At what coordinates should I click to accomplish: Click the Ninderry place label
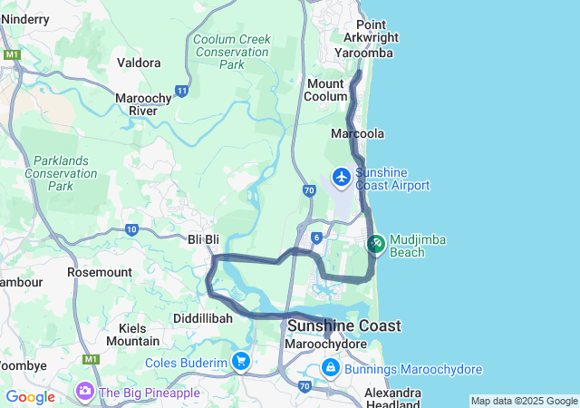(25, 18)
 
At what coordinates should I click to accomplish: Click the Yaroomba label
(362, 53)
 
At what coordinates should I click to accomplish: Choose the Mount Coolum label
(327, 90)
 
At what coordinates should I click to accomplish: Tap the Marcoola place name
(358, 133)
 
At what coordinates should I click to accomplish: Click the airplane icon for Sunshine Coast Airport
(342, 176)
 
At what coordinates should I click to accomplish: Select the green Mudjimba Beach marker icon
(376, 243)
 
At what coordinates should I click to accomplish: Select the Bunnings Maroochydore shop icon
(331, 369)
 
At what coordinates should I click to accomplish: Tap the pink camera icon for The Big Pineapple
(85, 392)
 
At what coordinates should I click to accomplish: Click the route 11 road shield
(182, 91)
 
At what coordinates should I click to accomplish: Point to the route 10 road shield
(131, 230)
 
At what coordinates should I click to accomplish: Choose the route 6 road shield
(315, 238)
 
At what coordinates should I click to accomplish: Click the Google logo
(30, 397)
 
